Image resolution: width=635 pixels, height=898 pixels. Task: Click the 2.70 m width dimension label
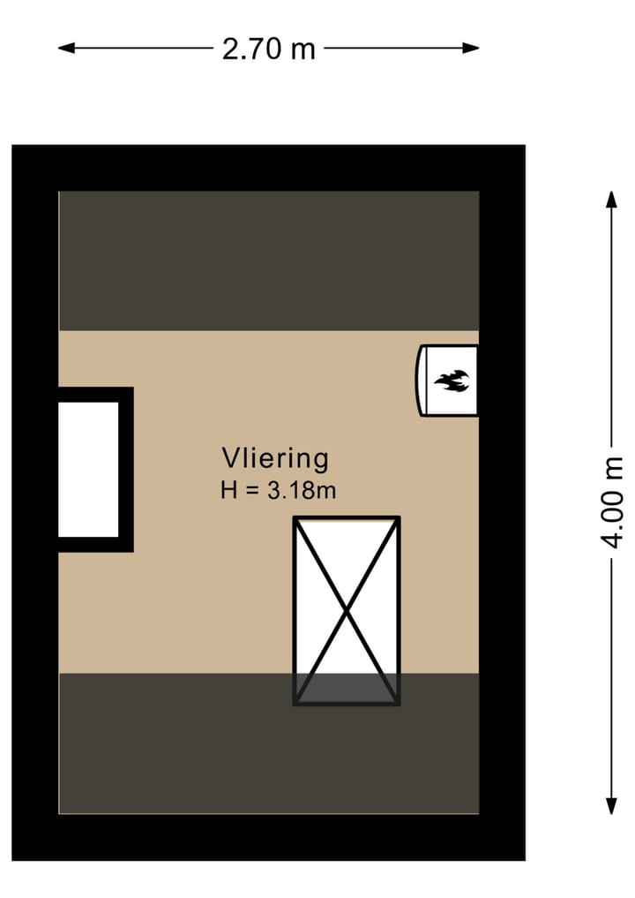(268, 49)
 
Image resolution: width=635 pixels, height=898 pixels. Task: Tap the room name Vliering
(274, 458)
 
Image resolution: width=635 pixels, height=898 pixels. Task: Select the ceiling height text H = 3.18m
(278, 491)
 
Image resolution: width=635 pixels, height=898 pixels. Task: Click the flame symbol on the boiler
(452, 381)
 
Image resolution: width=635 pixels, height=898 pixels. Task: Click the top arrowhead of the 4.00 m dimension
(611, 198)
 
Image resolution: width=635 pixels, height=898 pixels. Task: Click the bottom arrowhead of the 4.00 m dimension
(611, 805)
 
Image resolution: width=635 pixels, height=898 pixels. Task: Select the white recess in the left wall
(88, 469)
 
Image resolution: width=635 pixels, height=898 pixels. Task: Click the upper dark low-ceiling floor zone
(269, 260)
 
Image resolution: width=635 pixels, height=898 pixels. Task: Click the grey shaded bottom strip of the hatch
(347, 688)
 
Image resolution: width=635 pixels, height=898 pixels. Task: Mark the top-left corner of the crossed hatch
(295, 519)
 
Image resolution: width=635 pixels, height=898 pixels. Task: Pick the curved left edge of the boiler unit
(419, 381)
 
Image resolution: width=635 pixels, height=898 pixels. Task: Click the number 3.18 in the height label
(290, 491)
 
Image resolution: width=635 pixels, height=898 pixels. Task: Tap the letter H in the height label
(229, 491)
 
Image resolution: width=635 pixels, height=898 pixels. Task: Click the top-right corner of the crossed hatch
(398, 519)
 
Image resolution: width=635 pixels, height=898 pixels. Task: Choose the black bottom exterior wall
(269, 836)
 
